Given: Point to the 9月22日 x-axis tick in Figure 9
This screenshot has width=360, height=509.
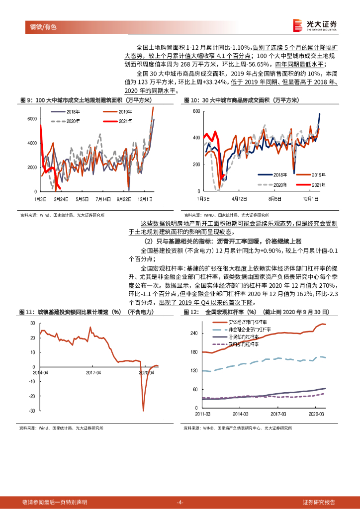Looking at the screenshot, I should (x=123, y=199).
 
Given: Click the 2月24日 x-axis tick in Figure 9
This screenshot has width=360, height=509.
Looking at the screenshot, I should (x=61, y=199).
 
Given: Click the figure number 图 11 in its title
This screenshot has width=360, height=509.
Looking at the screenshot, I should (x=26, y=312).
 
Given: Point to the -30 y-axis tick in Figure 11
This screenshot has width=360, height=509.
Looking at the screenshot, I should (x=32, y=411).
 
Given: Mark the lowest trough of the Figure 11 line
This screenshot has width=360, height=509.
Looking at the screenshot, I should (x=144, y=410).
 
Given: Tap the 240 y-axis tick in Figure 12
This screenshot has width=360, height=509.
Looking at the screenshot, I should (x=194, y=333).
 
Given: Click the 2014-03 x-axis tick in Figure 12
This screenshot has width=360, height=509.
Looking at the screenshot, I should (x=241, y=414).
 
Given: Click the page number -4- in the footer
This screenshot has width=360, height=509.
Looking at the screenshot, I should (x=180, y=502).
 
